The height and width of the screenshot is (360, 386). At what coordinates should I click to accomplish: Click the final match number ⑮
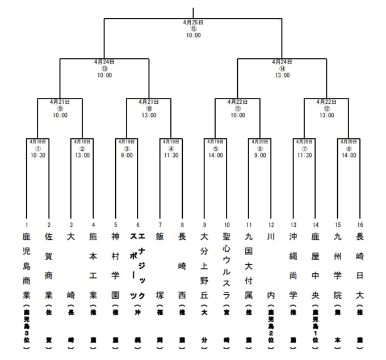pyautogui.click(x=193, y=28)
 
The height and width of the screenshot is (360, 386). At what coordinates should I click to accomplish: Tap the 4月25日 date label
pyautogui.click(x=193, y=22)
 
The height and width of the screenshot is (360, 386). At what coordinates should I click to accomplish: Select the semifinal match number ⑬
pyautogui.click(x=104, y=68)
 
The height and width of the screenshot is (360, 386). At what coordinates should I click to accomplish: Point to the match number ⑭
pyautogui.click(x=282, y=68)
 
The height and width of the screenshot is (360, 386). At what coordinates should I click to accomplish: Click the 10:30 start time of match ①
pyautogui.click(x=37, y=155)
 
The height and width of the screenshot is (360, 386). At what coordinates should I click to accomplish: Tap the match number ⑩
pyautogui.click(x=149, y=108)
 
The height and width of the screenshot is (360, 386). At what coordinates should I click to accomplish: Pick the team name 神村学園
pyautogui.click(x=115, y=264)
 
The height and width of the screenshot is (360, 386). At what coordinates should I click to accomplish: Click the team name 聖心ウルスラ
pyautogui.click(x=226, y=264)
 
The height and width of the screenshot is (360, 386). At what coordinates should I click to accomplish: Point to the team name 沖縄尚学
pyautogui.click(x=293, y=264)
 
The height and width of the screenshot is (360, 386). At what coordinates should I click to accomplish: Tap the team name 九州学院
pyautogui.click(x=337, y=264)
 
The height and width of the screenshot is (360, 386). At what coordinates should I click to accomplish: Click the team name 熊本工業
pyautogui.click(x=93, y=264)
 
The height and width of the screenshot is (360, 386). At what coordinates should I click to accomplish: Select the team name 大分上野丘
pyautogui.click(x=204, y=264)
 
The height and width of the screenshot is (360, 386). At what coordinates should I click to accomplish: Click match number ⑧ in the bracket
pyautogui.click(x=349, y=148)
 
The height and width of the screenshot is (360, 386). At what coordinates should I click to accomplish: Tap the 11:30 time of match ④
pyautogui.click(x=171, y=155)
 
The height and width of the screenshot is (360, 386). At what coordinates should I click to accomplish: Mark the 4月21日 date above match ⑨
pyautogui.click(x=60, y=102)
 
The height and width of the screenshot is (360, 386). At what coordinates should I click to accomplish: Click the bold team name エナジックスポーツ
pyautogui.click(x=137, y=264)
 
